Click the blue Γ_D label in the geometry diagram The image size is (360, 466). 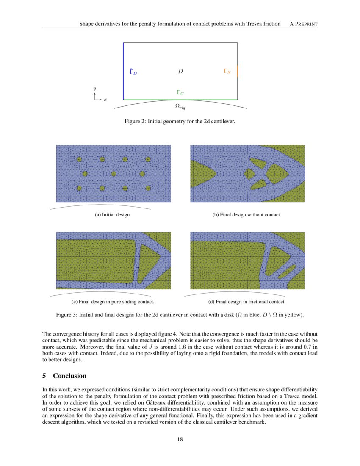coord(133,72)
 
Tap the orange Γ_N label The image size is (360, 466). coord(227,71)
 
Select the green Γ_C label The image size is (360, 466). coord(180,92)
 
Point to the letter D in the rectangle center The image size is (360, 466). coord(180,72)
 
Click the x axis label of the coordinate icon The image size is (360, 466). coord(105,100)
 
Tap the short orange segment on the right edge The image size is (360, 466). coord(237,71)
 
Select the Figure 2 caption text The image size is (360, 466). coord(180,122)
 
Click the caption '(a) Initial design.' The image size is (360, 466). coord(113,215)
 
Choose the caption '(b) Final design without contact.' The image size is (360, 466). coord(246,215)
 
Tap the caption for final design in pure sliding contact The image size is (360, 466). coord(113,302)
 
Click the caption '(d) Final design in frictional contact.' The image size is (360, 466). coord(246,302)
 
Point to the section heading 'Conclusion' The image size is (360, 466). coord(69,376)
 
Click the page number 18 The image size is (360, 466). coord(180,439)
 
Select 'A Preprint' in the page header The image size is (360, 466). coord(303,24)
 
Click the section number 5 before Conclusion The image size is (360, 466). coord(44,376)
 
